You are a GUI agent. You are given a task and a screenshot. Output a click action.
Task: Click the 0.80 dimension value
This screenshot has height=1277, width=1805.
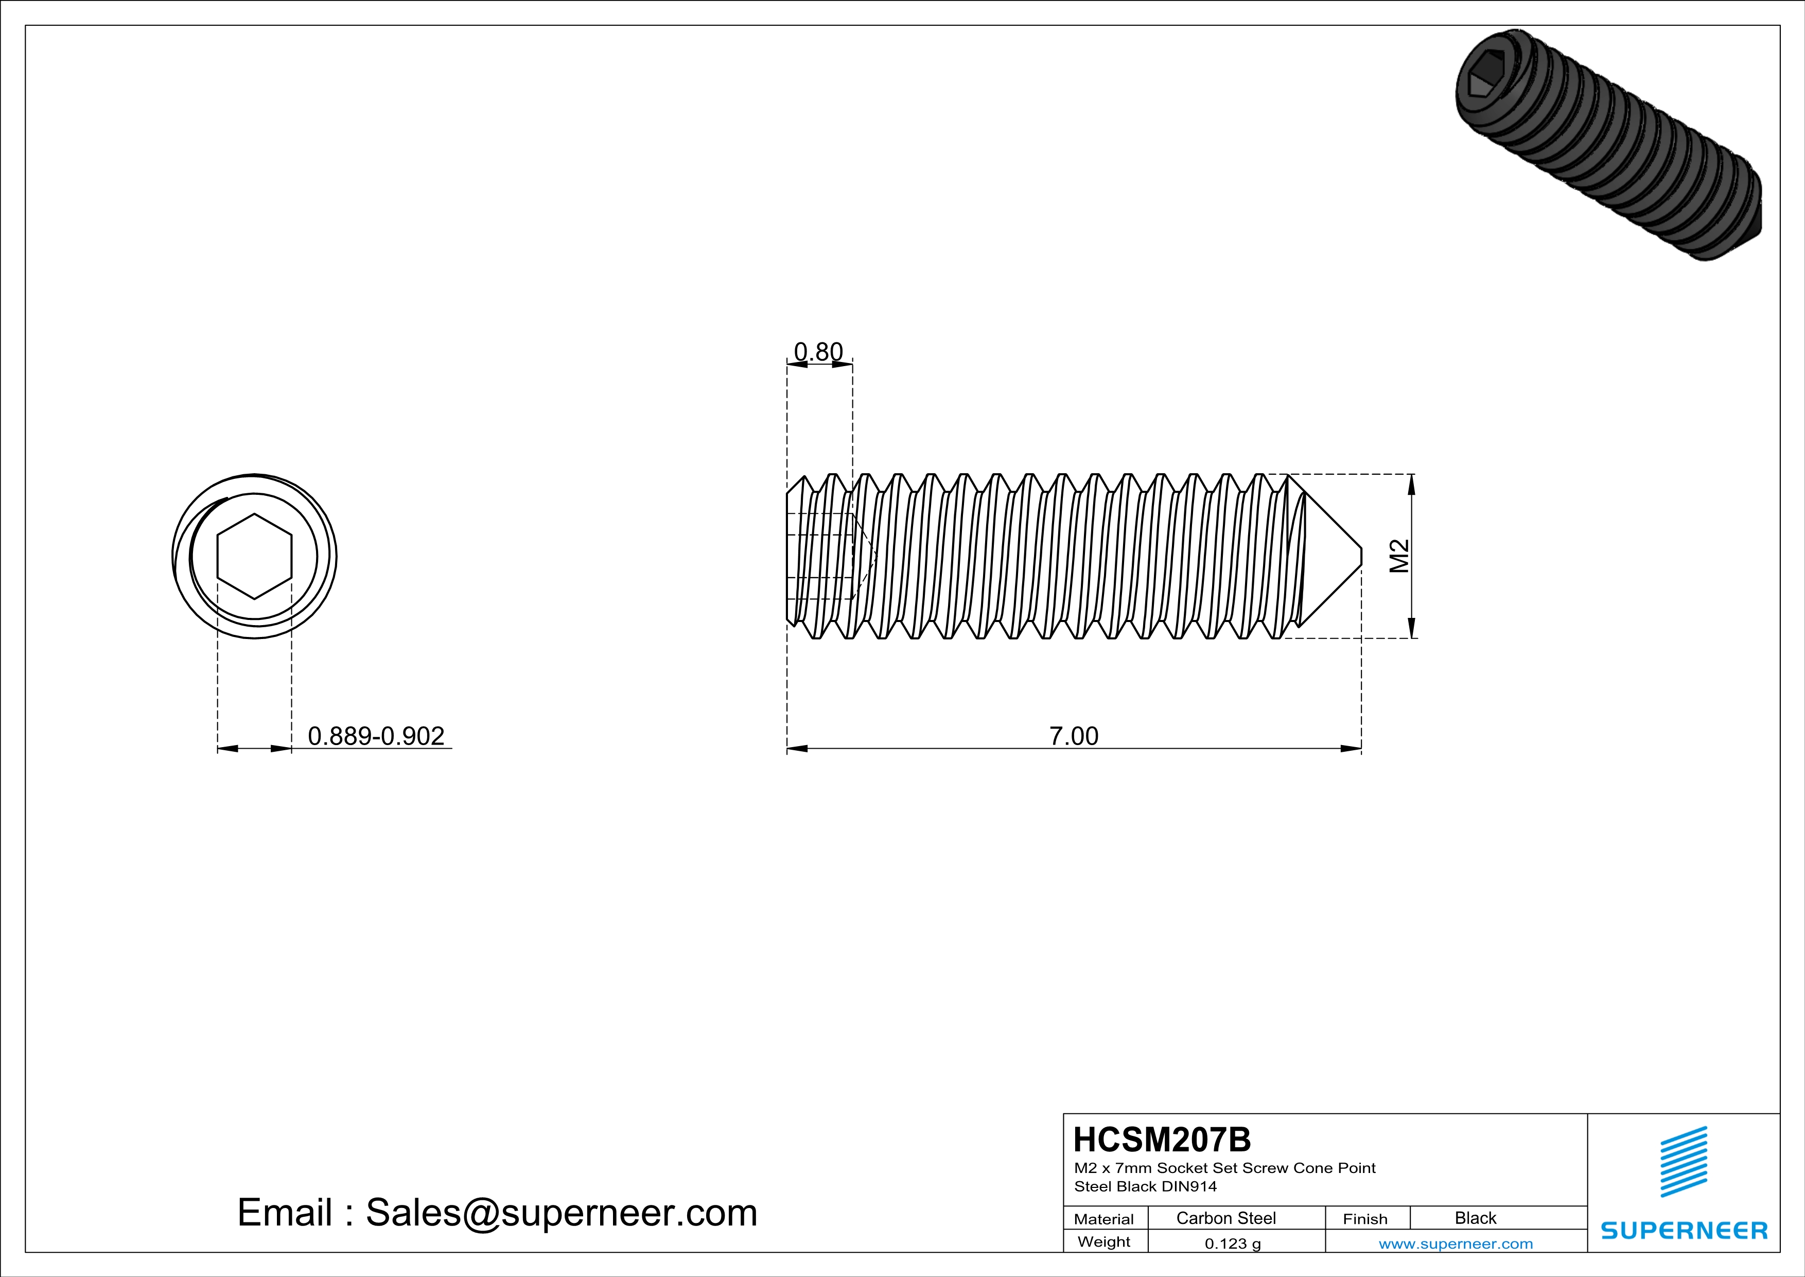coord(818,352)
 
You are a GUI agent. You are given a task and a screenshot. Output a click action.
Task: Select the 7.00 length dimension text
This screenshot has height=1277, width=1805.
coord(1073,736)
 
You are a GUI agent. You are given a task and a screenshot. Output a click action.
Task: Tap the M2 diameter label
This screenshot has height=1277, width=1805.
coord(1399,556)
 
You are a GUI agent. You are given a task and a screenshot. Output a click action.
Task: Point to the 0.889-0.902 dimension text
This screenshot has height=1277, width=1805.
coord(376,736)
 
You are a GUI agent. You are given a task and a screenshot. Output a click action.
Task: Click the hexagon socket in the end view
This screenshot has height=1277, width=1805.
coord(254,557)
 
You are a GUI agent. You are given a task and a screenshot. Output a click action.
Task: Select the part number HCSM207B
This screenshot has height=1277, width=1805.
coord(1161,1140)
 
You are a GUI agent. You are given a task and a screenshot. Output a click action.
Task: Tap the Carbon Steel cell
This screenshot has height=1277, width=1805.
coord(1225,1218)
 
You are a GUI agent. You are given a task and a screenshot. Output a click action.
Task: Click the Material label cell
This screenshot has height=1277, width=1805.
coord(1104,1219)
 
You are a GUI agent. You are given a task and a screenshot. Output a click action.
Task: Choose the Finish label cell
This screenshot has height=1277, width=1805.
coord(1365,1219)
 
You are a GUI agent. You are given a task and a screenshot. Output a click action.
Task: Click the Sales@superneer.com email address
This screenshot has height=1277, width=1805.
coord(562,1213)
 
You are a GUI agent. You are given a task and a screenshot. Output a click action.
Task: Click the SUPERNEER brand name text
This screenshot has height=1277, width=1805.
coord(1684,1231)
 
